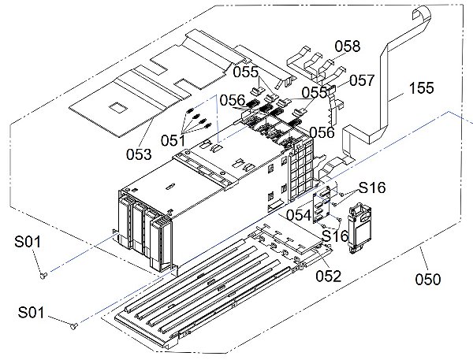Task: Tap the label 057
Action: tap(362, 80)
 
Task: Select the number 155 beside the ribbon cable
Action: tap(421, 90)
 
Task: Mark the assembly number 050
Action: tap(427, 279)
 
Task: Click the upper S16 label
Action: tap(372, 187)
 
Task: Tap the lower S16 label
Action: tap(336, 236)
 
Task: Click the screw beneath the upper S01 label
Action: tap(44, 274)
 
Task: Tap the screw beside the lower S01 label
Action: tap(73, 324)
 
